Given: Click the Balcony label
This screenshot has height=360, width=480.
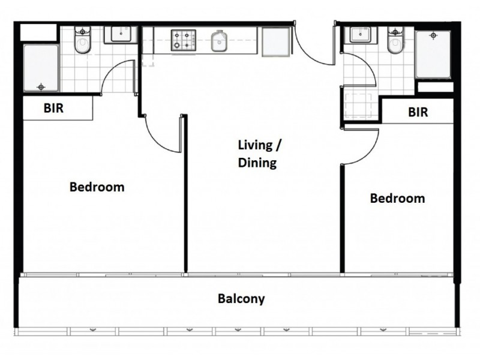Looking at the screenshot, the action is [241, 299].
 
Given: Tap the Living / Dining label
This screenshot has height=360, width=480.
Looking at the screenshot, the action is [259, 154].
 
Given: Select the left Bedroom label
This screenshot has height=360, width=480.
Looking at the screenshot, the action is [97, 187].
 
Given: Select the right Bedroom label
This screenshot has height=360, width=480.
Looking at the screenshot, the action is [397, 199].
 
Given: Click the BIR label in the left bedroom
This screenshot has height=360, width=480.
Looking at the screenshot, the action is [53, 108].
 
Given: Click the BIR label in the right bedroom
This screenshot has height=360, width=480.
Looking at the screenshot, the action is [418, 112].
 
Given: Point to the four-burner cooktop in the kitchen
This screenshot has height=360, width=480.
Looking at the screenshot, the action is [184, 40].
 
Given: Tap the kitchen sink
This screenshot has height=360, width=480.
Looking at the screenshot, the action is [219, 41].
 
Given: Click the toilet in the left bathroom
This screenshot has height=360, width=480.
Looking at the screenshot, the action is [83, 40].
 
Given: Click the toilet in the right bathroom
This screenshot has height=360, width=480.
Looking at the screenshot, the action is [395, 40].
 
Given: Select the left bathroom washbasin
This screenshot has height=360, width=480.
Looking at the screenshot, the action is [121, 34].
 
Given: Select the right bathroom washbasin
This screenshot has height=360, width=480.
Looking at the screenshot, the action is [361, 35].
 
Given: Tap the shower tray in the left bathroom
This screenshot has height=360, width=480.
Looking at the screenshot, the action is [41, 68].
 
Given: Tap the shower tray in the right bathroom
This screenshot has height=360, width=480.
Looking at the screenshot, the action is [433, 54].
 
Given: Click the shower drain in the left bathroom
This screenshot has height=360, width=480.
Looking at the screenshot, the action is [41, 87].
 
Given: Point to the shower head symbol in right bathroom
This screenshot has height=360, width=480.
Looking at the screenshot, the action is [433, 35].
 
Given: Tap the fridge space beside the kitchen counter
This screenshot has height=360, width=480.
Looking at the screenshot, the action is [276, 41].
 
